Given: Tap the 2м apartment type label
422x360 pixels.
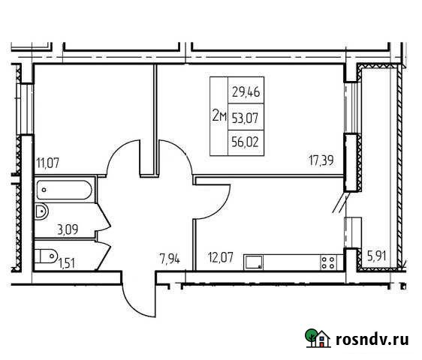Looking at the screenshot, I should [x=219, y=115].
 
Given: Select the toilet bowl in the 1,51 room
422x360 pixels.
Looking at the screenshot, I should [x=47, y=253].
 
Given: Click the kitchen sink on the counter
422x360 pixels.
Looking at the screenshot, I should [x=255, y=262].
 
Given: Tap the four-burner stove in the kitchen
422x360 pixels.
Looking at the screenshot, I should [x=327, y=262].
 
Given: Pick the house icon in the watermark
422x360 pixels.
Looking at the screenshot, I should [x=318, y=339].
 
